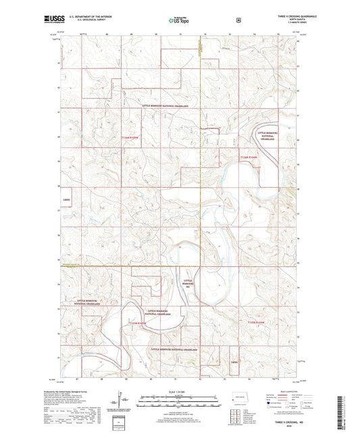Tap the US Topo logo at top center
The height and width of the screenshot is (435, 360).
tap(180, 20)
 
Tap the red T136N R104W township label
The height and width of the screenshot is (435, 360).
tap(249, 157)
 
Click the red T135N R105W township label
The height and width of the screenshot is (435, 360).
tap(138, 324)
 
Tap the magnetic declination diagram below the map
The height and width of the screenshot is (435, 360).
tap(122, 403)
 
